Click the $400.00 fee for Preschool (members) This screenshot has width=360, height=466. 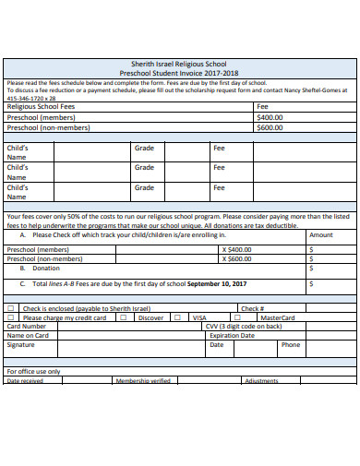tap(270, 117)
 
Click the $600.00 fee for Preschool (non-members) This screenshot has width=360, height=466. tap(270, 127)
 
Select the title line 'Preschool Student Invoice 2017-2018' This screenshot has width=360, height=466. tap(179, 71)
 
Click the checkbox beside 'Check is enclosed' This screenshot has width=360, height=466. tap(11, 308)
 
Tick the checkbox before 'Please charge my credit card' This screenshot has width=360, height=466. tap(11, 317)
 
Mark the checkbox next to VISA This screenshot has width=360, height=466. tap(185, 317)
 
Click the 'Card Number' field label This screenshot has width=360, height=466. tap(26, 326)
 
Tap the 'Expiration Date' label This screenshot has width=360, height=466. tap(232, 336)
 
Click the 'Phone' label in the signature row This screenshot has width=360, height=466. tap(291, 345)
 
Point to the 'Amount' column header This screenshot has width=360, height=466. tap(321, 235)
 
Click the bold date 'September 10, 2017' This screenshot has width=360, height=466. tap(217, 283)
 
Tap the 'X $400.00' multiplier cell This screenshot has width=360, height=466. tap(236, 249)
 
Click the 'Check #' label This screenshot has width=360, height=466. tap(252, 308)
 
